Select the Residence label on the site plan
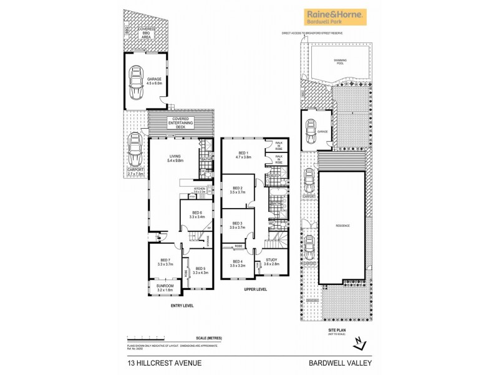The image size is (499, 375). (x=342, y=225)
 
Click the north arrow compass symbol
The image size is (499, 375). (x=357, y=343)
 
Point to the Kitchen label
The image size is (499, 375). (x=199, y=189)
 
